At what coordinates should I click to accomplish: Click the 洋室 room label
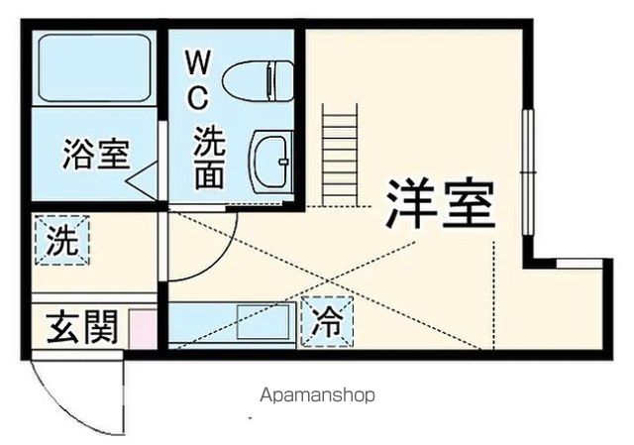point(440,204)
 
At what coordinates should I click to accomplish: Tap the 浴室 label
point(95,156)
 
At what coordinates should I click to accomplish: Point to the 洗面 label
point(208,159)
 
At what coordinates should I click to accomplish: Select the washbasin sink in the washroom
point(269,159)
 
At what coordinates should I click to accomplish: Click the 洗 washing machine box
point(63,241)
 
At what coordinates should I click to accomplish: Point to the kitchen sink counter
point(234,323)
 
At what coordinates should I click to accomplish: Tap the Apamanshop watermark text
point(317,394)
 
